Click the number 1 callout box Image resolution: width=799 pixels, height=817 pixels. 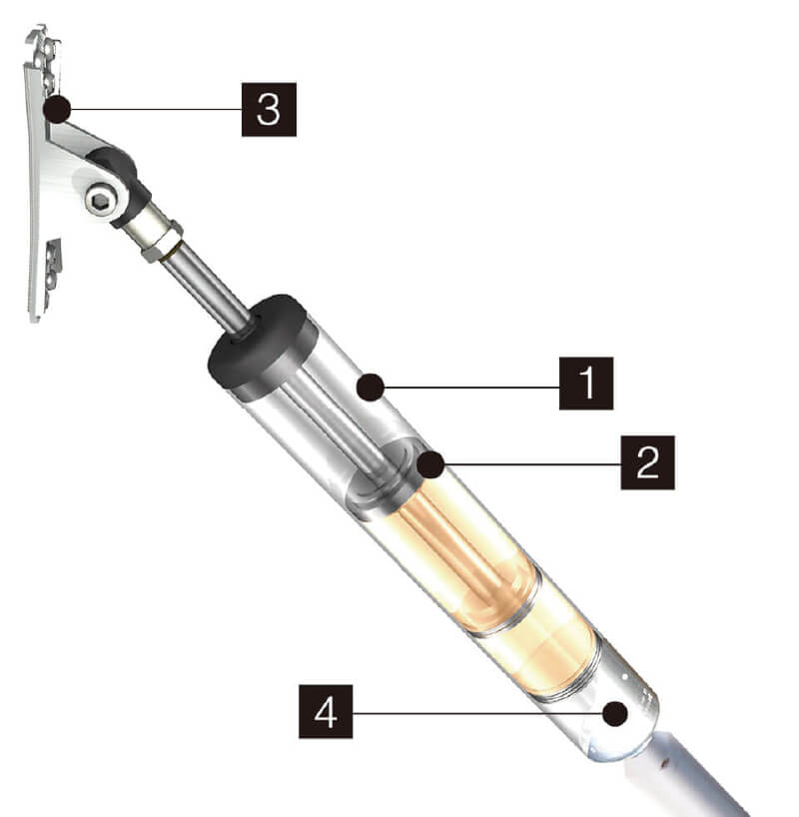point(586,384)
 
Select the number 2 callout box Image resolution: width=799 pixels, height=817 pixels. point(647,462)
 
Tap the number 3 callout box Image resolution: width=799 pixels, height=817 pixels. point(269,110)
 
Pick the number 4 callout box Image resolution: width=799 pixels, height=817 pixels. point(326,712)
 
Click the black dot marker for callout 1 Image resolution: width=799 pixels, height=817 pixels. point(371,388)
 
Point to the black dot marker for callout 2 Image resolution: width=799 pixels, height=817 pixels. point(430,464)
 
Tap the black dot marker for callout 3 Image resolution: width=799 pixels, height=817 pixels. point(57,110)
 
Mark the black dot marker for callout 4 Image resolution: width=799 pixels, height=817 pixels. point(615,713)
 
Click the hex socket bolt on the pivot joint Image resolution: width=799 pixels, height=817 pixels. point(99,200)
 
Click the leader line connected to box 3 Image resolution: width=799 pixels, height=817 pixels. point(156,110)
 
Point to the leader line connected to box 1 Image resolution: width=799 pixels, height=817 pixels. point(471,388)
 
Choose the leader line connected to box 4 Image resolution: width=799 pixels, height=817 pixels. point(477,713)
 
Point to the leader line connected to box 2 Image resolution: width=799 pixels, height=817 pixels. point(532,464)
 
